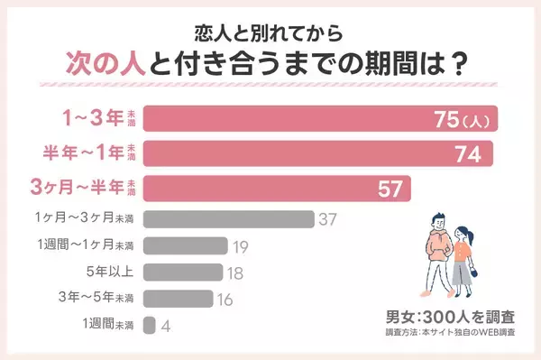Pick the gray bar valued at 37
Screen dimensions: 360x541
pyautogui.click(x=228, y=218)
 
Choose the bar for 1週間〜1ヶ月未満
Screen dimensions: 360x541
pyautogui.click(x=185, y=245)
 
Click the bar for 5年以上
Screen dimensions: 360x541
pyautogui.click(x=183, y=272)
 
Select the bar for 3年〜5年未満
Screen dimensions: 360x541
pyautogui.click(x=179, y=299)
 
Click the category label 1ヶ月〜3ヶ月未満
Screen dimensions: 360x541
pyautogui.click(x=86, y=218)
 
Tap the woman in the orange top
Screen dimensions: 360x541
pyautogui.click(x=462, y=257)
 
